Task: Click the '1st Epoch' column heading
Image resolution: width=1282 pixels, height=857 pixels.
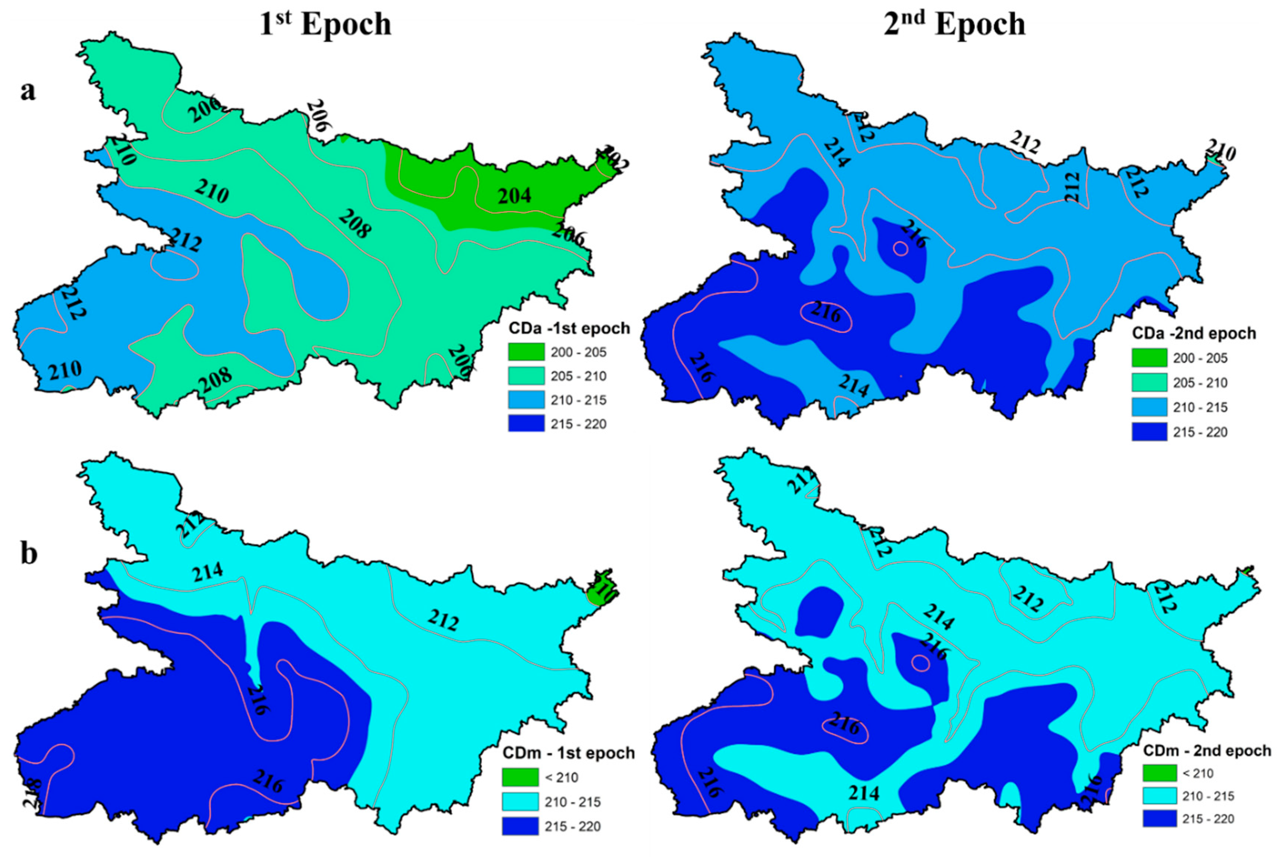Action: coord(325,24)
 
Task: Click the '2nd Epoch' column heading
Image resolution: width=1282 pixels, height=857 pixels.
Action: coord(954,24)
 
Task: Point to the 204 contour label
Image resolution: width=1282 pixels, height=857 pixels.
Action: coord(514,196)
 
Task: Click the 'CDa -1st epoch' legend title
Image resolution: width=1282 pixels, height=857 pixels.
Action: coord(569,328)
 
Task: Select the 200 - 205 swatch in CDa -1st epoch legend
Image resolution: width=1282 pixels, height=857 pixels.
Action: coord(526,352)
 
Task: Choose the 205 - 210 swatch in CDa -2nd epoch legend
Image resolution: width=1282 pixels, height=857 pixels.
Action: coord(1149,382)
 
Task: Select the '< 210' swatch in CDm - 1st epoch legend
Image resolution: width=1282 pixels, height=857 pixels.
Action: coord(520,777)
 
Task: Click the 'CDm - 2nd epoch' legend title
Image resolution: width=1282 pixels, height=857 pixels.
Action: coord(1207,750)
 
